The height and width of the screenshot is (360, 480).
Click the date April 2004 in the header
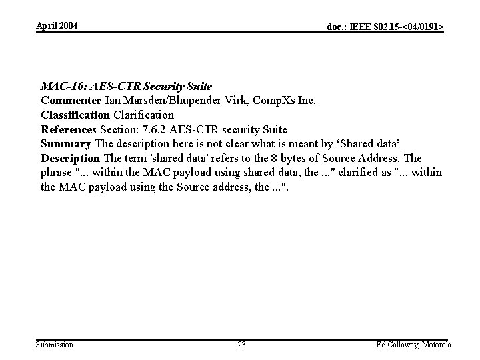point(57,25)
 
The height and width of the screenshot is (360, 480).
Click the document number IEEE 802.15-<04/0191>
point(385,27)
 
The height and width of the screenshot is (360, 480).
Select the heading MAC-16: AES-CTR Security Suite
point(126,86)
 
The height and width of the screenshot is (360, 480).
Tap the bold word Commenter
point(71,101)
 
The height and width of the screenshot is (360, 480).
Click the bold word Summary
point(65,143)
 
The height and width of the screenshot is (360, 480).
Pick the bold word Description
point(70,158)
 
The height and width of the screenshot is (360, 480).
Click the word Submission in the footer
point(55,345)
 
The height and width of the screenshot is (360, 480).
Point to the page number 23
point(241,345)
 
